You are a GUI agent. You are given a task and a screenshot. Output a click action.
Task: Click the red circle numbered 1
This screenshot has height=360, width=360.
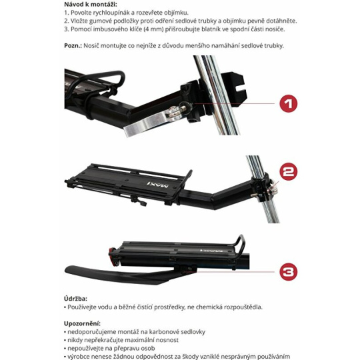pyautogui.click(x=289, y=103)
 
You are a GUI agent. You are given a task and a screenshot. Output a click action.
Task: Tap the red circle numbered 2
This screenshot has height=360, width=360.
pyautogui.click(x=289, y=171)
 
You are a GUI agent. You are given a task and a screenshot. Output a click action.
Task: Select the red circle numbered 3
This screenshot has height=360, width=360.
pyautogui.click(x=289, y=272)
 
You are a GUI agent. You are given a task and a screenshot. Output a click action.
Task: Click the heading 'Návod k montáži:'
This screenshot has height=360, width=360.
pyautogui.click(x=91, y=5)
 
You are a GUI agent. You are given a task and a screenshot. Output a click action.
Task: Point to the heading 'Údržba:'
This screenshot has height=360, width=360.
pyautogui.click(x=75, y=299)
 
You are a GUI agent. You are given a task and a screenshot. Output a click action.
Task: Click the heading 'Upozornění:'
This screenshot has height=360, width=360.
pyautogui.click(x=82, y=323)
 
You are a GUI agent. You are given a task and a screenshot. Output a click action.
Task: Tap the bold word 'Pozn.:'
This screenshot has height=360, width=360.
pyautogui.click(x=73, y=45)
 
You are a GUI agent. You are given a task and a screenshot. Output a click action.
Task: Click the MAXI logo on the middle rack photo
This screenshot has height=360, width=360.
pyautogui.click(x=158, y=184)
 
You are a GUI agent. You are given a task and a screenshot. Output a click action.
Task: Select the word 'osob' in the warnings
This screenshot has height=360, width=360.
pyautogui.click(x=147, y=348)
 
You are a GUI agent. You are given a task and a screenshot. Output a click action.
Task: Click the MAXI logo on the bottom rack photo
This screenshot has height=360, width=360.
pyautogui.click(x=211, y=251)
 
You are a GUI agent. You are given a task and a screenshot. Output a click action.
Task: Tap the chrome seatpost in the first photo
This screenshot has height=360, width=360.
pyautogui.click(x=216, y=95)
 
